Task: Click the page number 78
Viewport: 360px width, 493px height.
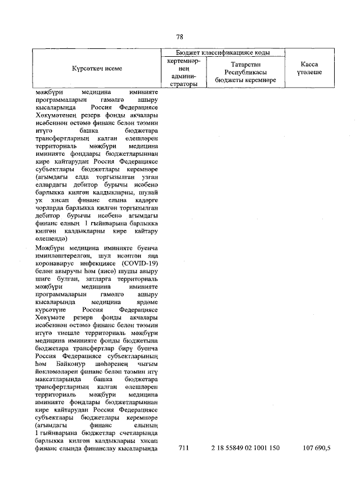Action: [180, 37]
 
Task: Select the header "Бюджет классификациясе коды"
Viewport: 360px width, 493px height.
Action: [223, 52]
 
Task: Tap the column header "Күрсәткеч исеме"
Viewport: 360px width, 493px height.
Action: [97, 69]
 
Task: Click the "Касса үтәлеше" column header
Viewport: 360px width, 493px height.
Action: [308, 69]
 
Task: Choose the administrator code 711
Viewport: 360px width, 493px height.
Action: [183, 448]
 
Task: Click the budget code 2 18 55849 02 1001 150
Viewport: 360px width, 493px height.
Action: [245, 448]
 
